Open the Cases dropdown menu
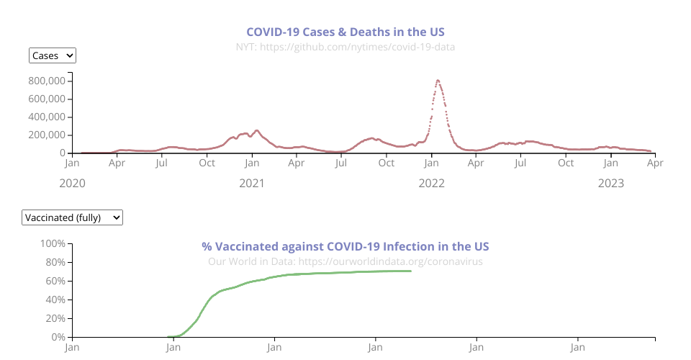pyautogui.click(x=53, y=55)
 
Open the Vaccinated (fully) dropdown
pyautogui.click(x=73, y=217)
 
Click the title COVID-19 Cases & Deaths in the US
pyautogui.click(x=345, y=32)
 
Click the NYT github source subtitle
pyautogui.click(x=345, y=47)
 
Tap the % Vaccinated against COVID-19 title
pyautogui.click(x=345, y=246)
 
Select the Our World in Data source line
pyautogui.click(x=345, y=261)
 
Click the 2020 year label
pyautogui.click(x=72, y=183)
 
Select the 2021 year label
pyautogui.click(x=252, y=183)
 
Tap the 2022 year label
pyautogui.click(x=432, y=183)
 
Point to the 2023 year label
pyautogui.click(x=611, y=183)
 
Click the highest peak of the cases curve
pyautogui.click(x=438, y=80)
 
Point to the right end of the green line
pyautogui.click(x=410, y=271)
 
